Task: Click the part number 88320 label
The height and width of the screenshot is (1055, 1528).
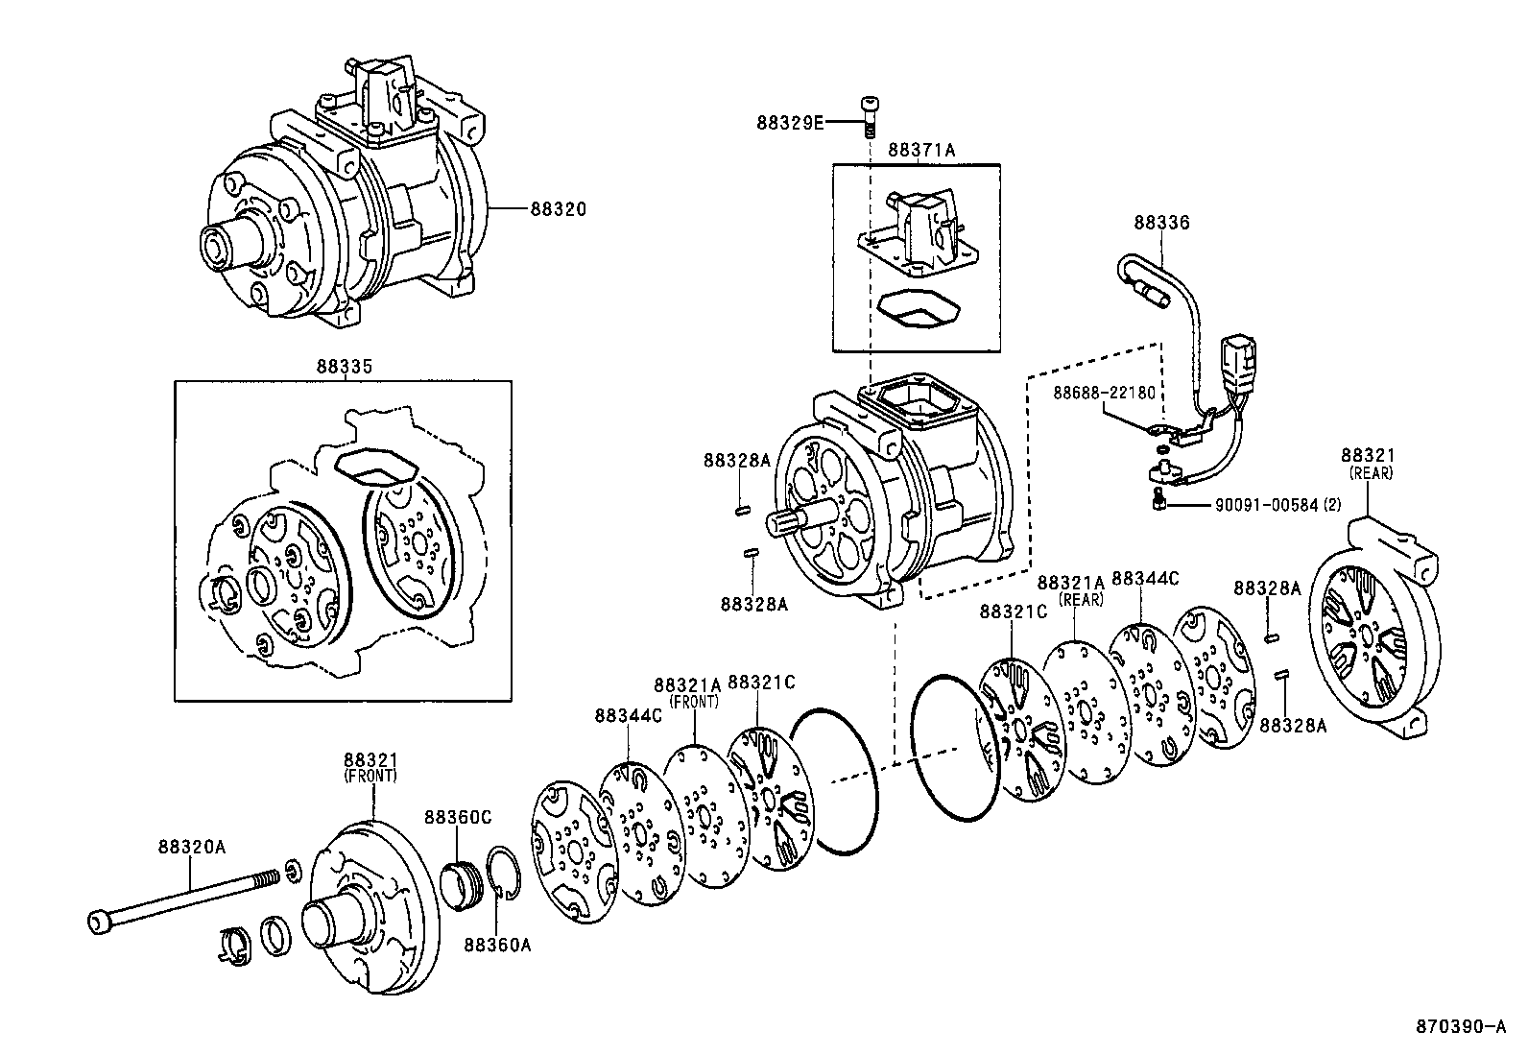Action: coord(557,208)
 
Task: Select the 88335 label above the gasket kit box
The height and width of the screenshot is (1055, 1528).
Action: coord(344,367)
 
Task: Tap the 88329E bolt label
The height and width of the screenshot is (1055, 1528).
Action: coord(790,122)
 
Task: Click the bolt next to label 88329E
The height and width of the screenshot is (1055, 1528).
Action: coord(869,114)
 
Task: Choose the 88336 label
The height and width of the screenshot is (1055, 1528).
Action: coord(1161,222)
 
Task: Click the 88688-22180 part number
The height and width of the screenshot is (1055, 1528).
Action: coord(1104,393)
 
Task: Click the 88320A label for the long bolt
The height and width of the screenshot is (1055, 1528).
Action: coord(192,847)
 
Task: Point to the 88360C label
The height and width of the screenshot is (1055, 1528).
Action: coord(458,816)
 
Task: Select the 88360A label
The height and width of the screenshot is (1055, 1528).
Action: coord(497,945)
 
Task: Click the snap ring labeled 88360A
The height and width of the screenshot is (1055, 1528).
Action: coord(506,874)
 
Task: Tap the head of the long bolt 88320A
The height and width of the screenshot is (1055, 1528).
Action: coord(99,923)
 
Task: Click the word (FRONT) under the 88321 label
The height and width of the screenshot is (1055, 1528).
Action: coord(370,775)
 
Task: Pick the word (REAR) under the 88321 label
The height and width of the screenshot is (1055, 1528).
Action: coord(1370,473)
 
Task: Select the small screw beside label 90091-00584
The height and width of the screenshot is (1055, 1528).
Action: coord(1158,499)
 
